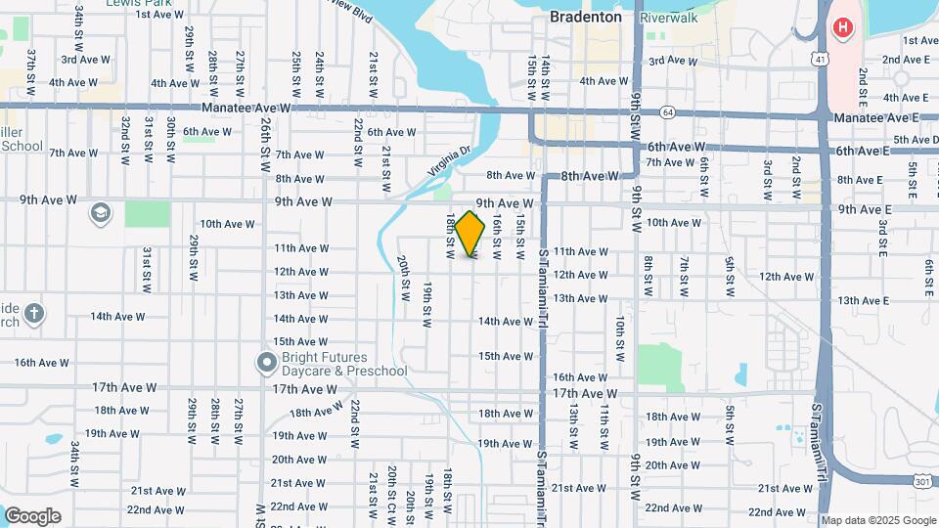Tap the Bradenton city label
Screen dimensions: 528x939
pos(585,17)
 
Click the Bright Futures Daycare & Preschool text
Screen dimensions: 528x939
pos(343,364)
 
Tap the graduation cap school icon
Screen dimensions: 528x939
pos(101,212)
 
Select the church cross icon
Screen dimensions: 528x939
pos(34,314)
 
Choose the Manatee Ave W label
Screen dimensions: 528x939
pos(246,108)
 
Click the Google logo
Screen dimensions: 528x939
pos(32,516)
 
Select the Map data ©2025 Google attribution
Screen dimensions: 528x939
pos(877,520)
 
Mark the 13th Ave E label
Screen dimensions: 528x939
pos(863,300)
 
